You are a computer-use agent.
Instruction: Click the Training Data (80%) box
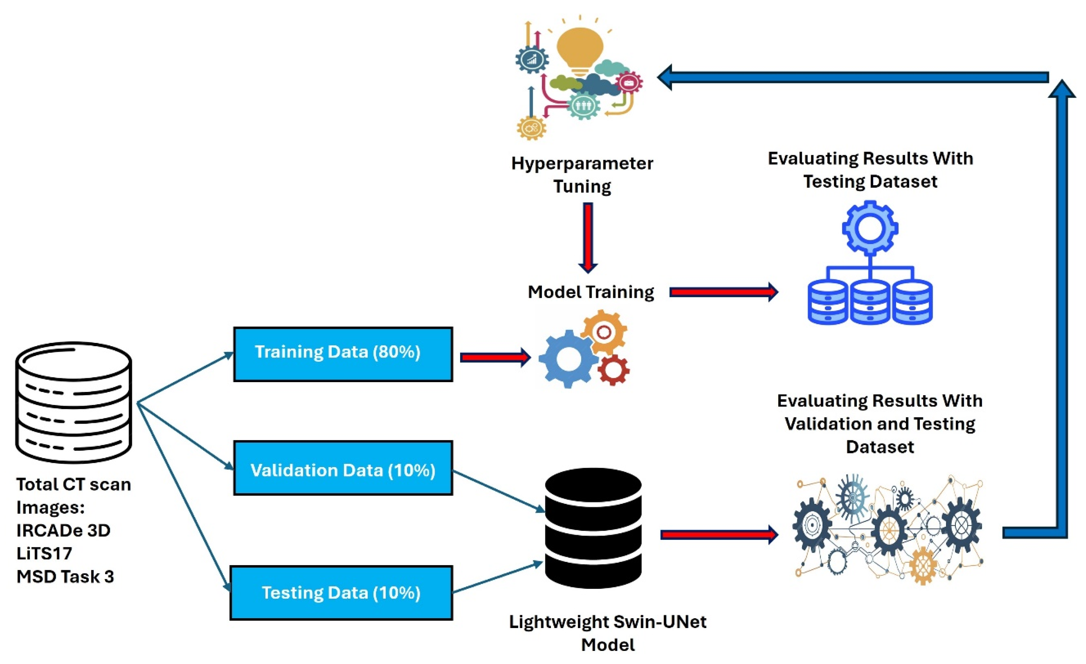point(343,354)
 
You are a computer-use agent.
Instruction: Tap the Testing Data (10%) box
point(341,593)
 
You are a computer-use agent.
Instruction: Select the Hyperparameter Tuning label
point(582,174)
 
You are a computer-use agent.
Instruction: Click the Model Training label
point(591,292)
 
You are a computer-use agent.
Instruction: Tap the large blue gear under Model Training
point(568,359)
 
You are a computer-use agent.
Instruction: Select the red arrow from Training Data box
point(495,357)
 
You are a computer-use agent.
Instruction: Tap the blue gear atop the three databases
point(870,228)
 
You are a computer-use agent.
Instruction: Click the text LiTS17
point(44,553)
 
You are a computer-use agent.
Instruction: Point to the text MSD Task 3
point(65,576)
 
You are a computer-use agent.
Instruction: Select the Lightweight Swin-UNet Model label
point(607,633)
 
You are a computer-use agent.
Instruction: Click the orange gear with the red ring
point(604,332)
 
